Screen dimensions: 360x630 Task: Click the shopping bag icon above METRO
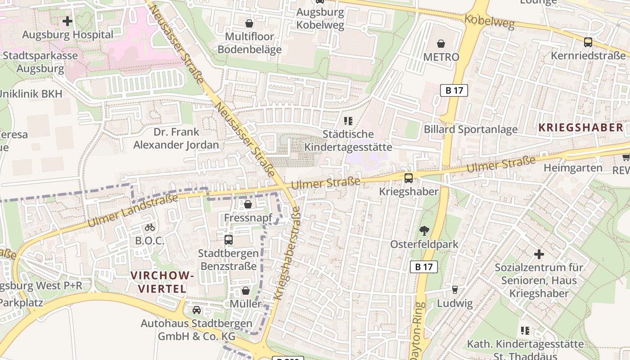click(441, 44)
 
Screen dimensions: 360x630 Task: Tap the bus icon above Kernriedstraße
click(588, 42)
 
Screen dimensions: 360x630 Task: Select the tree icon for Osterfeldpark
click(424, 231)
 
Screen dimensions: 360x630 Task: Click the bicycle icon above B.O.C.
click(150, 227)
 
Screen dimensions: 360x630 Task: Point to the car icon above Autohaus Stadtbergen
click(197, 310)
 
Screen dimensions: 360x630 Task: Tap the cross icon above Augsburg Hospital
click(67, 21)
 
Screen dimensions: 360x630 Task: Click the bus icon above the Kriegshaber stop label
click(408, 178)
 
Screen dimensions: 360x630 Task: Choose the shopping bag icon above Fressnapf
click(247, 205)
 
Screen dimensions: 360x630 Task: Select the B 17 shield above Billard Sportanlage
click(454, 90)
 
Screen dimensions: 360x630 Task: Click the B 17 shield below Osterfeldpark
click(424, 267)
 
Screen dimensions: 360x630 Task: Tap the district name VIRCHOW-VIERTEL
click(162, 282)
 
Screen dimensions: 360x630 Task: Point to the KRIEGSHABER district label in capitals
click(580, 127)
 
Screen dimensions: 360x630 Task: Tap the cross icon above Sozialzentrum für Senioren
click(539, 254)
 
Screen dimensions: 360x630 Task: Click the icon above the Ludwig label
click(454, 289)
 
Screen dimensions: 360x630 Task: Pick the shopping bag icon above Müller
click(245, 291)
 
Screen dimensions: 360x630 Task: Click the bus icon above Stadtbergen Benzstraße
click(229, 239)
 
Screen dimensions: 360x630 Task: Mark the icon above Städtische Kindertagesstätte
click(348, 121)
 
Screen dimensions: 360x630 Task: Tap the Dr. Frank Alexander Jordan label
click(176, 139)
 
